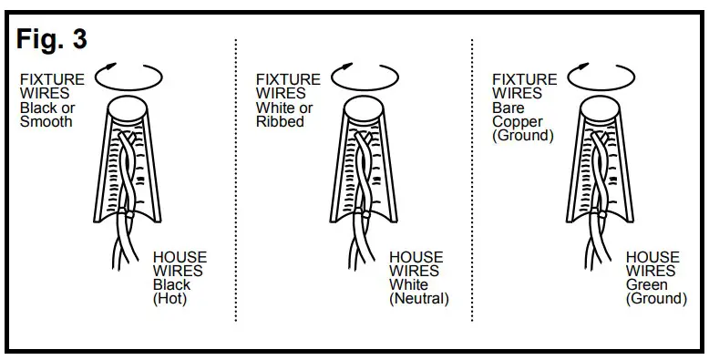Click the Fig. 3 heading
52,39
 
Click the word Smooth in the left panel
46,121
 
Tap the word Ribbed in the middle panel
280,121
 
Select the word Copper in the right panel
515,121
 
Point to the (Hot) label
170,298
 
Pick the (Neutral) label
419,298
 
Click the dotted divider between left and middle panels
237,182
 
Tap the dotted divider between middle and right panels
472,182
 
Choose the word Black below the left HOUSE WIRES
170,284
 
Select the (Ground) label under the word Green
656,298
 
